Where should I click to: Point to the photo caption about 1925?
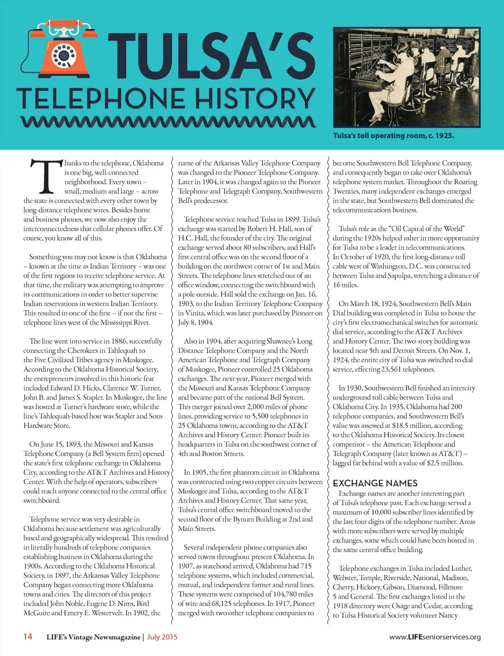click(x=393, y=135)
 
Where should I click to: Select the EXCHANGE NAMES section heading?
click(x=375, y=483)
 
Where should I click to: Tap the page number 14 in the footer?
click(x=28, y=636)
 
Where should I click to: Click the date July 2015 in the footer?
click(x=162, y=637)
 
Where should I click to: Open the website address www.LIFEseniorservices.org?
click(x=435, y=637)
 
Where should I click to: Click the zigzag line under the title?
click(x=167, y=122)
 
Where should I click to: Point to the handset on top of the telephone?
click(x=64, y=26)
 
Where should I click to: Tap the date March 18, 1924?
click(x=378, y=304)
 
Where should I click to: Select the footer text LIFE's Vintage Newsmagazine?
click(x=94, y=637)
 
